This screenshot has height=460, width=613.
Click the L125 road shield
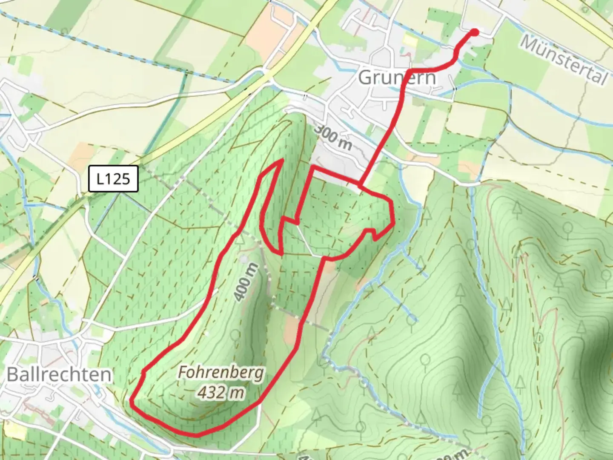[x=113, y=178]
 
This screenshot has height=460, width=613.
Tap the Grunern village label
[x=398, y=78]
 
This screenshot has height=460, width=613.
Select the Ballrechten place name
[x=60, y=374]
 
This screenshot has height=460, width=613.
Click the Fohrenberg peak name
[x=221, y=373]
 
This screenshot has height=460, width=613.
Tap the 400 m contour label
[x=246, y=282]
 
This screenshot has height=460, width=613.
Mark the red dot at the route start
[x=475, y=32]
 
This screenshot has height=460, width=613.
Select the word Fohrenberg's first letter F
[x=182, y=373]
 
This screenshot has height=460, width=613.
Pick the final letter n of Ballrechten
[x=106, y=375]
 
